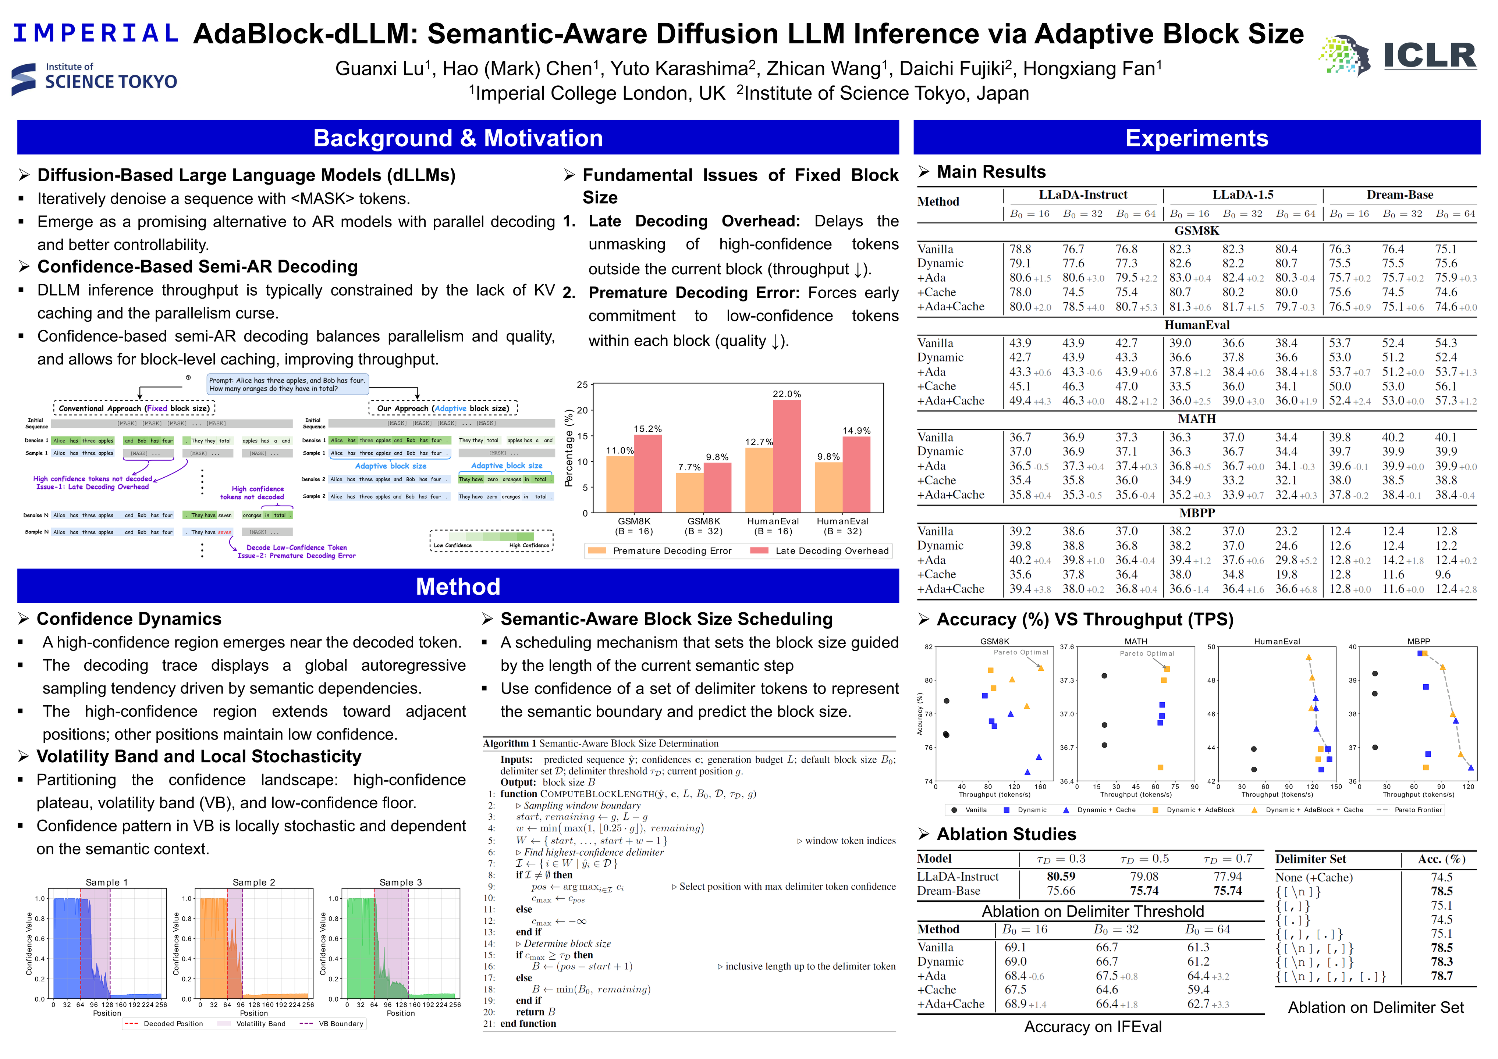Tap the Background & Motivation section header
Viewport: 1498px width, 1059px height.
point(458,138)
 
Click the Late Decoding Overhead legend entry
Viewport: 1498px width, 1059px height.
point(822,551)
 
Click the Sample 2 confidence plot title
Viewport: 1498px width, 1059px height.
point(254,882)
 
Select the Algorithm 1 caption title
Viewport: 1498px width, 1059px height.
point(600,744)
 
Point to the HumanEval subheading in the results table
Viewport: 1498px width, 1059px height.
point(1197,325)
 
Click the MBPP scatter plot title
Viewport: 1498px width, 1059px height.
point(1419,642)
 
